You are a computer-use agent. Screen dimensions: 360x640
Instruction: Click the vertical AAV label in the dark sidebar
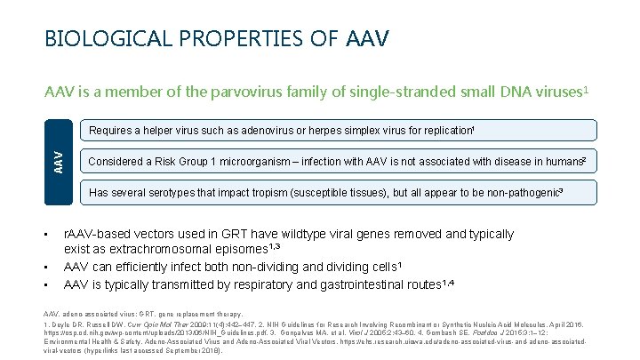tap(59, 161)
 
